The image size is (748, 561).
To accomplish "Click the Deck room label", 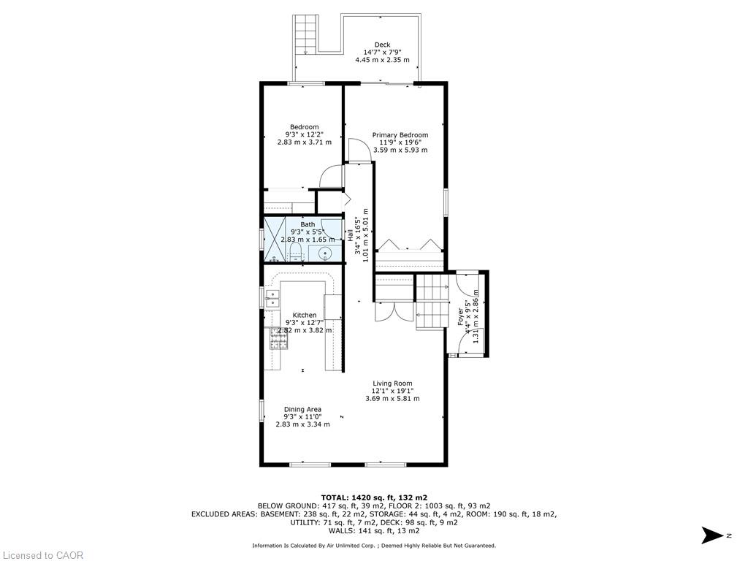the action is (382, 45).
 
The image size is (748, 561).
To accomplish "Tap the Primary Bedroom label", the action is (400, 135).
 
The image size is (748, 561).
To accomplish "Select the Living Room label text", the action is (392, 383).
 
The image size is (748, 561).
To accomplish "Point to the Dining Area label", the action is (302, 409).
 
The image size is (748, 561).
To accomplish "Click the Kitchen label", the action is (305, 315).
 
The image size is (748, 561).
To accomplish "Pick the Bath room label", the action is (308, 224).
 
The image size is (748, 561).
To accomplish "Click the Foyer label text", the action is (461, 317).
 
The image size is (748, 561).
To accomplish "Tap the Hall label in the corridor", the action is (350, 234).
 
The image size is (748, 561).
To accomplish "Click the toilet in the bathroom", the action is (296, 251).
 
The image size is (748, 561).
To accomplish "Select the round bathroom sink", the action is (327, 253).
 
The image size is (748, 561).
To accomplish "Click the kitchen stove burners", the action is (279, 339).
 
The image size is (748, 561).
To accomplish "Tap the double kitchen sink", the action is (272, 299).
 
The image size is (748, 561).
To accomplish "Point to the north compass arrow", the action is (712, 535).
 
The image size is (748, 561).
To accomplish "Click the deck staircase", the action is (305, 34).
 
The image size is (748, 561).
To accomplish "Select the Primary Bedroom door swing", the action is (359, 150).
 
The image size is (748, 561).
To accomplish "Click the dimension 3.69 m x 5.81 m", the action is (392, 398).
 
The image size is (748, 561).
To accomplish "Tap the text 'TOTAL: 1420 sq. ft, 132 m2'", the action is (374, 497).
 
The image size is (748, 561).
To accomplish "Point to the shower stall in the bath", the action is (275, 240).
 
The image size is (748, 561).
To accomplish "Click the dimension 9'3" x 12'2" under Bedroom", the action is (305, 134).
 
